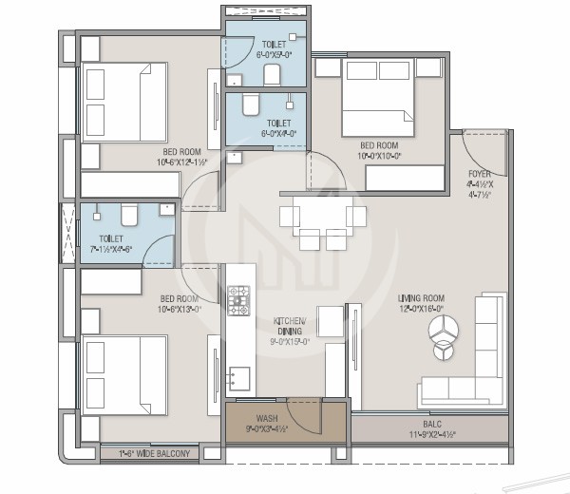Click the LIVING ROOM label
click(x=421, y=299)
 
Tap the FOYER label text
click(x=480, y=174)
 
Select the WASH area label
click(x=265, y=417)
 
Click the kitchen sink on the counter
click(x=238, y=378)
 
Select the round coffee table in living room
click(x=445, y=331)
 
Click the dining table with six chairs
click(x=323, y=224)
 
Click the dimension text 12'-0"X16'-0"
click(x=421, y=310)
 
